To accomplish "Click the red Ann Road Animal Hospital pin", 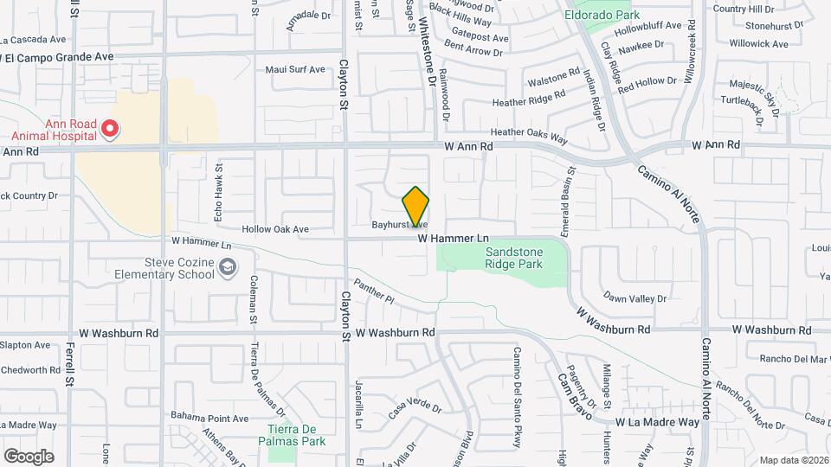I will click(110, 130).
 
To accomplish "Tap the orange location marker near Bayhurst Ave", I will click(415, 207).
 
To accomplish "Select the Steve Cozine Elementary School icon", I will click(227, 267).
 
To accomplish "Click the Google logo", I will click(29, 456).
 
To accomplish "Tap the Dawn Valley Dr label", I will click(635, 297).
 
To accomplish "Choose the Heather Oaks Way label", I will click(528, 135).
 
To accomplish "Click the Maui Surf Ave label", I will click(294, 70).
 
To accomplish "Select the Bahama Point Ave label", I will click(209, 418).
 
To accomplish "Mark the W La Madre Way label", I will click(657, 422).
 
